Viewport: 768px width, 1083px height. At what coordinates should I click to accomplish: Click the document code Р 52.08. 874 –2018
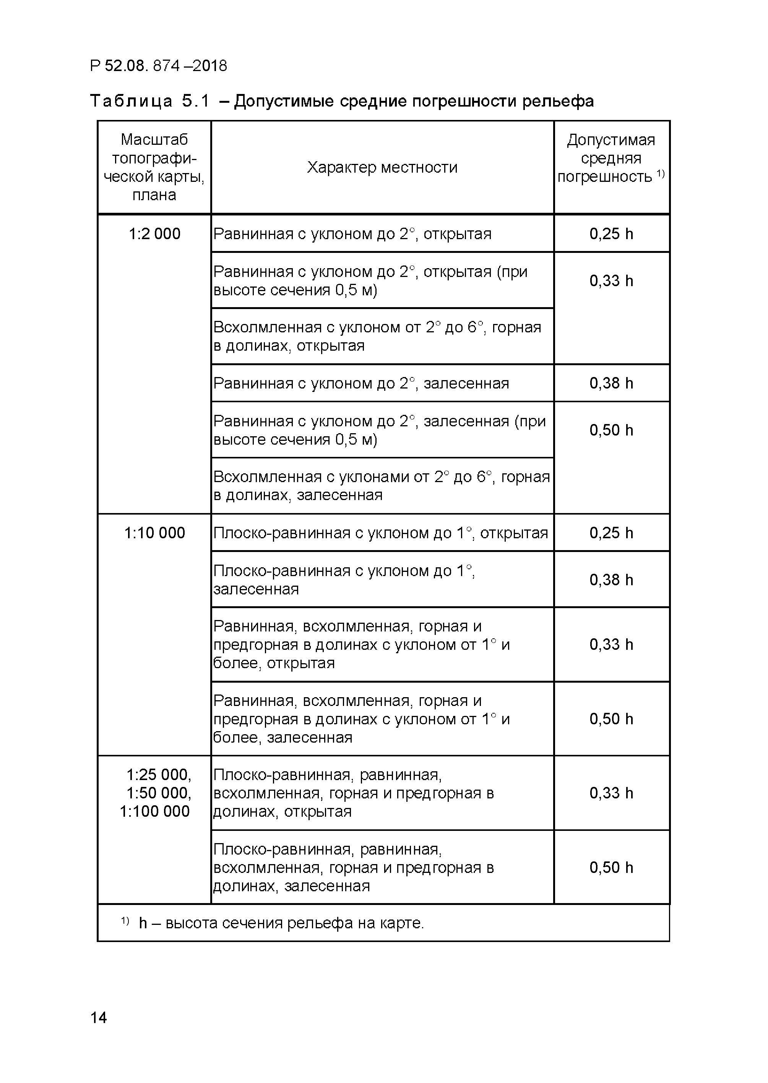click(158, 66)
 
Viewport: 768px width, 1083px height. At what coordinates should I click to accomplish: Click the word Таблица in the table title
click(131, 101)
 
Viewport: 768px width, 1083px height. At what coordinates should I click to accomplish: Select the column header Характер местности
click(382, 167)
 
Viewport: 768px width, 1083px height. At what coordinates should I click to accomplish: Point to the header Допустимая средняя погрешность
click(611, 158)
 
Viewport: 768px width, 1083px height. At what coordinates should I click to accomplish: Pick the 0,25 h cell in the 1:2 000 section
click(611, 234)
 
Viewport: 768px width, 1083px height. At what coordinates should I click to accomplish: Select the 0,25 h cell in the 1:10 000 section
click(611, 533)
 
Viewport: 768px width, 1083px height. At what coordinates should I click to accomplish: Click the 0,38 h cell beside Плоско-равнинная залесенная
click(611, 580)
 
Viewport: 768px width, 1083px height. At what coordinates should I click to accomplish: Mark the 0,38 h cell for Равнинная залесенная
click(611, 383)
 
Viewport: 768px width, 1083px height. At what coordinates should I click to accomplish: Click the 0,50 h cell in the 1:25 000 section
click(611, 868)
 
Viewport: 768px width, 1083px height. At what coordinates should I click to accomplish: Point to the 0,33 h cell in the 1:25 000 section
click(611, 793)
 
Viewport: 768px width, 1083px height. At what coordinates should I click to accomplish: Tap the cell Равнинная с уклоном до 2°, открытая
click(352, 234)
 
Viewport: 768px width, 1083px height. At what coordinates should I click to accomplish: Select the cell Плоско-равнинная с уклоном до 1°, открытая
click(380, 533)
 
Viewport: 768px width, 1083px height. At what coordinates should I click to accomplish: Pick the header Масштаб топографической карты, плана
click(154, 167)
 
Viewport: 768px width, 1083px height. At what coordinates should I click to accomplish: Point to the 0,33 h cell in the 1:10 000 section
click(611, 644)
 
